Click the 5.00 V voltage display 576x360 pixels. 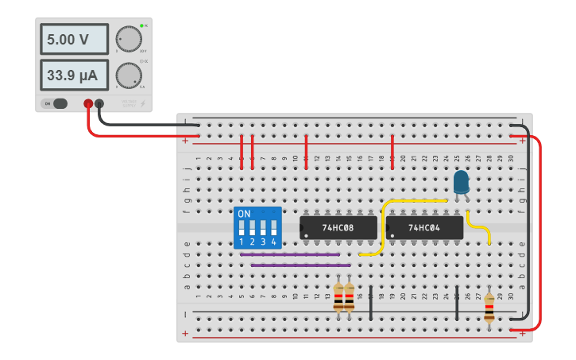click(63, 39)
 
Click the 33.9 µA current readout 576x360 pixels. click(63, 75)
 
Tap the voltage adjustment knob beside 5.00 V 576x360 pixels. click(128, 39)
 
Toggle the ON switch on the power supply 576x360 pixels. click(56, 103)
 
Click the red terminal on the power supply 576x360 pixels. click(88, 103)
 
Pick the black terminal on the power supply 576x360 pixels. click(99, 103)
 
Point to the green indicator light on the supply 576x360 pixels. click(141, 26)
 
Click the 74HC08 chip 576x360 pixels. click(338, 227)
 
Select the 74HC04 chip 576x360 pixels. click(424, 227)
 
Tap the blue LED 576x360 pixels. click(461, 183)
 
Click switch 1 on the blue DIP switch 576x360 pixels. click(242, 229)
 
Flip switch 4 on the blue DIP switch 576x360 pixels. click(273, 229)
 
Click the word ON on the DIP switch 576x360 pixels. click(244, 214)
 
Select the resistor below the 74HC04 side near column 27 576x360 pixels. click(489, 306)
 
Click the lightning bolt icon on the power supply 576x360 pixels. click(143, 103)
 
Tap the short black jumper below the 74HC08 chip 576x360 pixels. click(371, 302)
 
